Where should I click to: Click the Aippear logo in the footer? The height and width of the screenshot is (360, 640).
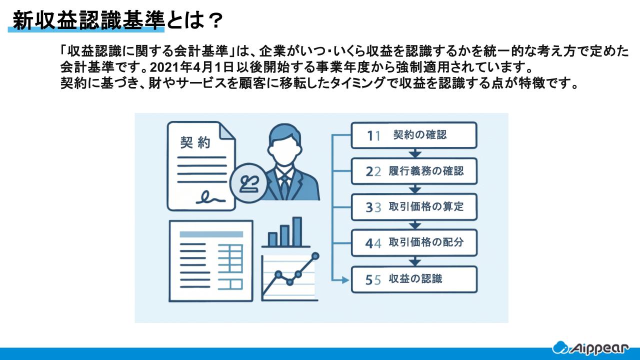(594, 347)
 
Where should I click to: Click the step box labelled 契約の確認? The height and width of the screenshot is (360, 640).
(413, 135)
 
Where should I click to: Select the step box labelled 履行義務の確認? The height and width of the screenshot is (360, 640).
(413, 171)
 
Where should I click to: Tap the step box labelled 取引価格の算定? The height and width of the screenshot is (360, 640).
(413, 207)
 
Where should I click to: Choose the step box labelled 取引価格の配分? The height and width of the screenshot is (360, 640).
(413, 243)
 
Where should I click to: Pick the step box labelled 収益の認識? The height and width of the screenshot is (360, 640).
(413, 279)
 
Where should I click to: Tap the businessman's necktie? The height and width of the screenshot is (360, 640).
(284, 185)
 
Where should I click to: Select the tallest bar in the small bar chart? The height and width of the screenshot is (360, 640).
(297, 231)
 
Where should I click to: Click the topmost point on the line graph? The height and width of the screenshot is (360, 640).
(315, 256)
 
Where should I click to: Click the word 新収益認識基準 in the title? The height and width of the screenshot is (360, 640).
(88, 20)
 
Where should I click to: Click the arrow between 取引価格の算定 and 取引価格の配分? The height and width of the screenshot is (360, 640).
(413, 225)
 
